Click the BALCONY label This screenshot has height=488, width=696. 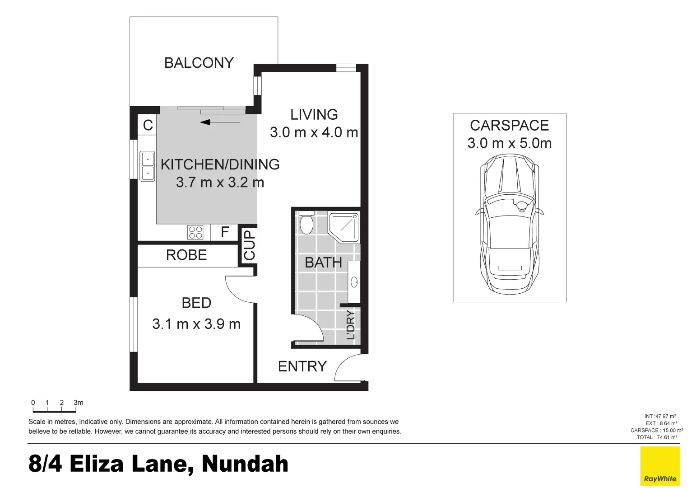click(199, 63)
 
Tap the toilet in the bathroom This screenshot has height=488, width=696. click(306, 222)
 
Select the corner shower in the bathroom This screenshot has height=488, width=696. click(343, 227)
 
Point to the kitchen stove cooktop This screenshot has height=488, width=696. click(195, 232)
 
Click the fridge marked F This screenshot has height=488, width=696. click(224, 232)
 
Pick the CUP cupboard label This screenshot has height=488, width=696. click(249, 245)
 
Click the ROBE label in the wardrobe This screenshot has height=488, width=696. click(186, 255)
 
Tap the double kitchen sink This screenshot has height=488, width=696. click(147, 166)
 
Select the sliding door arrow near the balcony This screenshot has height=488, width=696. click(220, 122)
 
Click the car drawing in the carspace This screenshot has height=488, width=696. click(510, 223)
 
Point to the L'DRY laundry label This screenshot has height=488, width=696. click(351, 325)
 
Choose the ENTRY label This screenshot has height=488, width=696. click(302, 366)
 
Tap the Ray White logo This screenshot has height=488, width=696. click(660, 466)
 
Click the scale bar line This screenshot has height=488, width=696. click(54, 411)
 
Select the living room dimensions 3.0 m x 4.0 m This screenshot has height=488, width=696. click(314, 132)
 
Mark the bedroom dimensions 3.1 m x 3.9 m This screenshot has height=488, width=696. click(196, 324)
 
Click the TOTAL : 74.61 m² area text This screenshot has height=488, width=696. click(657, 437)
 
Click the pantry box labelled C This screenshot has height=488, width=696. click(148, 125)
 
